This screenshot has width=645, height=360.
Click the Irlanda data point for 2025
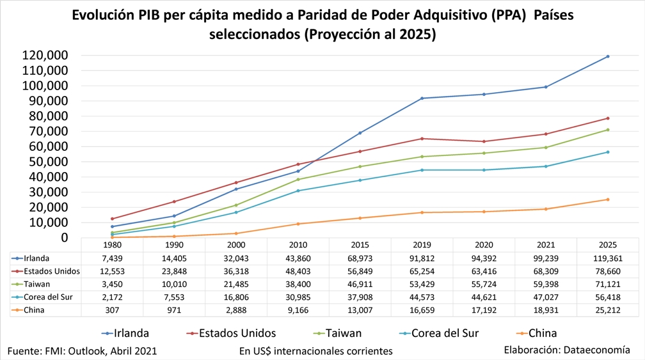[x=607, y=56]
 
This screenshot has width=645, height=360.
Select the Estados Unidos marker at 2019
[x=422, y=139]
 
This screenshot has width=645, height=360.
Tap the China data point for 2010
[x=298, y=224]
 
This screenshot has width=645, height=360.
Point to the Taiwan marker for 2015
[x=360, y=167]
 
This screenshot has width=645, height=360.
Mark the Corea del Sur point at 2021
[x=545, y=166]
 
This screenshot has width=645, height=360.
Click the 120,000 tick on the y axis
[x=45, y=55]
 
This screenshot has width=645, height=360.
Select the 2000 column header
[x=236, y=245]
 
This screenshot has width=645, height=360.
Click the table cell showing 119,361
[x=607, y=258]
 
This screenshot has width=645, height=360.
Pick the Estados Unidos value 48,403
[x=298, y=271]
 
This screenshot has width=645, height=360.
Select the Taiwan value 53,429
[x=422, y=284]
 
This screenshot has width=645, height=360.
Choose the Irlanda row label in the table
[x=38, y=258]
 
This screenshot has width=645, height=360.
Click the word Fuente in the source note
[x=25, y=351]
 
